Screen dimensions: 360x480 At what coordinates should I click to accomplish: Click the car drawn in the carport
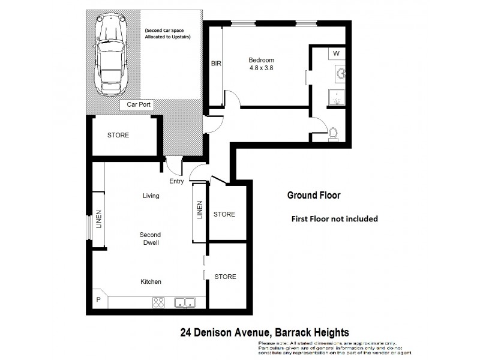coord(112,55)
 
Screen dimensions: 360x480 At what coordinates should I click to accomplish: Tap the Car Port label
coord(138,105)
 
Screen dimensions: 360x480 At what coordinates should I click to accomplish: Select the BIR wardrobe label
coord(216,63)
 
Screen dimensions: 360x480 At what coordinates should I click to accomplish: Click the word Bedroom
coord(262,60)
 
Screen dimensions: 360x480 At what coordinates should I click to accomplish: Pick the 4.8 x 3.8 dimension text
coord(262,68)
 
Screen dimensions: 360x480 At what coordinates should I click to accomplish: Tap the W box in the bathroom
coord(337,53)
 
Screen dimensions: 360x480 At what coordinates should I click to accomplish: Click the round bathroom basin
coord(341,74)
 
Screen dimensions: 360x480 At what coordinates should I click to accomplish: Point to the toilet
coord(333,133)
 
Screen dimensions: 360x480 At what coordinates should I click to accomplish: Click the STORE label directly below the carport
coord(118,135)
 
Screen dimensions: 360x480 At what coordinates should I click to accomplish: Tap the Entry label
coord(176,181)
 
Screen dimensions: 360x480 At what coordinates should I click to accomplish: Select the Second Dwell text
coord(150,238)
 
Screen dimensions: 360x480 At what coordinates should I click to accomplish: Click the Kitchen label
coord(151,281)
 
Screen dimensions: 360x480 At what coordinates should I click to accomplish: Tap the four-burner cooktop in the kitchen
coord(159,302)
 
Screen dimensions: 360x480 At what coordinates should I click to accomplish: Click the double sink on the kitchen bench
coord(185,302)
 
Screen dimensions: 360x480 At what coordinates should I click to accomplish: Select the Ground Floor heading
coord(313,195)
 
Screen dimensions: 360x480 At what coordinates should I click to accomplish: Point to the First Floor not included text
coord(334,219)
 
